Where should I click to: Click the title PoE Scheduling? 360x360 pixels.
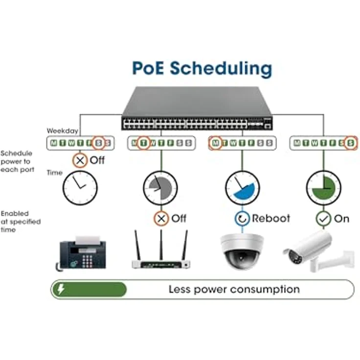click(x=202, y=69)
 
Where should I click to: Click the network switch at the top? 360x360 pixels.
click(x=197, y=109)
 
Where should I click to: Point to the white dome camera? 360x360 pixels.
click(x=241, y=251)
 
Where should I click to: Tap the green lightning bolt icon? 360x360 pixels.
click(x=61, y=289)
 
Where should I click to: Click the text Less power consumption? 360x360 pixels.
click(x=234, y=289)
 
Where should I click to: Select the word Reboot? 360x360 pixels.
click(x=271, y=218)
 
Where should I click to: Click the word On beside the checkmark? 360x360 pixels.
click(x=341, y=218)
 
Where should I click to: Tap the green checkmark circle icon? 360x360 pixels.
click(x=323, y=218)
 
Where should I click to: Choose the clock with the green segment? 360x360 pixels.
click(x=323, y=188)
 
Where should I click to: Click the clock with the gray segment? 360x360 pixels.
click(x=160, y=188)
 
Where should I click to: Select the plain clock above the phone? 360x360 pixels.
click(x=80, y=188)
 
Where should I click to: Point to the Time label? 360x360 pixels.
click(x=54, y=172)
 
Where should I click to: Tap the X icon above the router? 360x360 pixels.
click(x=161, y=218)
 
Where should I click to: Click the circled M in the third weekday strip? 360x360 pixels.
click(x=216, y=143)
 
